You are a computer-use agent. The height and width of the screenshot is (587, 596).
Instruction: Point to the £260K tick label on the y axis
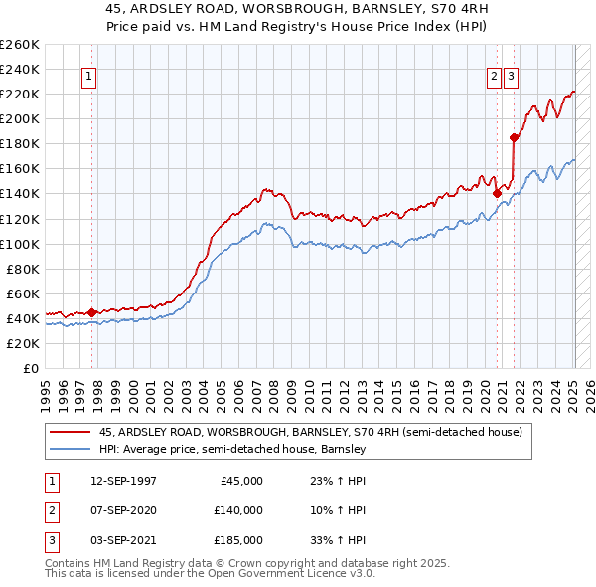point(20,45)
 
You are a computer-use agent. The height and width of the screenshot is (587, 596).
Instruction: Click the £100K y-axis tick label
point(20,244)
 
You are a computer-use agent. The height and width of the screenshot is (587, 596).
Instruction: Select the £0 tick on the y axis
point(31,368)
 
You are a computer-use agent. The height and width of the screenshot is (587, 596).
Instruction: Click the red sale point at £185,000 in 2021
point(514,137)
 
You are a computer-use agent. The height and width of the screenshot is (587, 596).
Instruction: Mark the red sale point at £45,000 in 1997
point(92,312)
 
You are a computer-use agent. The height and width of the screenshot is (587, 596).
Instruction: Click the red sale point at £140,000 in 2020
point(497,194)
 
